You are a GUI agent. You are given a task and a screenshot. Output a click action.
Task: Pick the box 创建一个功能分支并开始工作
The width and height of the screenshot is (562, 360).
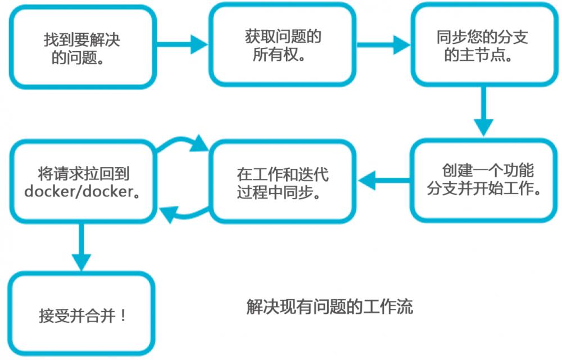point(483,180)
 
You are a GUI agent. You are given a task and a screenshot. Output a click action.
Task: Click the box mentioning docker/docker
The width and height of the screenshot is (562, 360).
point(81,181)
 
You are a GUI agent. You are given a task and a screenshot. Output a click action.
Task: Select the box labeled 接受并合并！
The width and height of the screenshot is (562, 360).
point(81,314)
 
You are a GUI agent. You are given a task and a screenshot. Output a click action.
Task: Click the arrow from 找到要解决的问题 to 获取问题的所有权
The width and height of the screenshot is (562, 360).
point(180,44)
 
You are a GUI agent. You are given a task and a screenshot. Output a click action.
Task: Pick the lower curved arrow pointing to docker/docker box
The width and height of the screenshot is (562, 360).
point(183,213)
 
